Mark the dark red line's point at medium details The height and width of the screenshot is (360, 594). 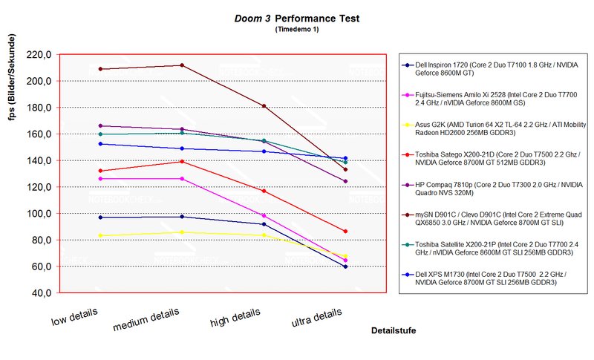[x=181, y=65]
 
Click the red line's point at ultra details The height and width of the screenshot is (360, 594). [x=345, y=232]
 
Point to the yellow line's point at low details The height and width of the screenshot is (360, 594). [x=99, y=235]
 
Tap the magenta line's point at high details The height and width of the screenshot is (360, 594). [x=264, y=215]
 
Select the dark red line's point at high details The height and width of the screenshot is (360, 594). [x=264, y=106]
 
